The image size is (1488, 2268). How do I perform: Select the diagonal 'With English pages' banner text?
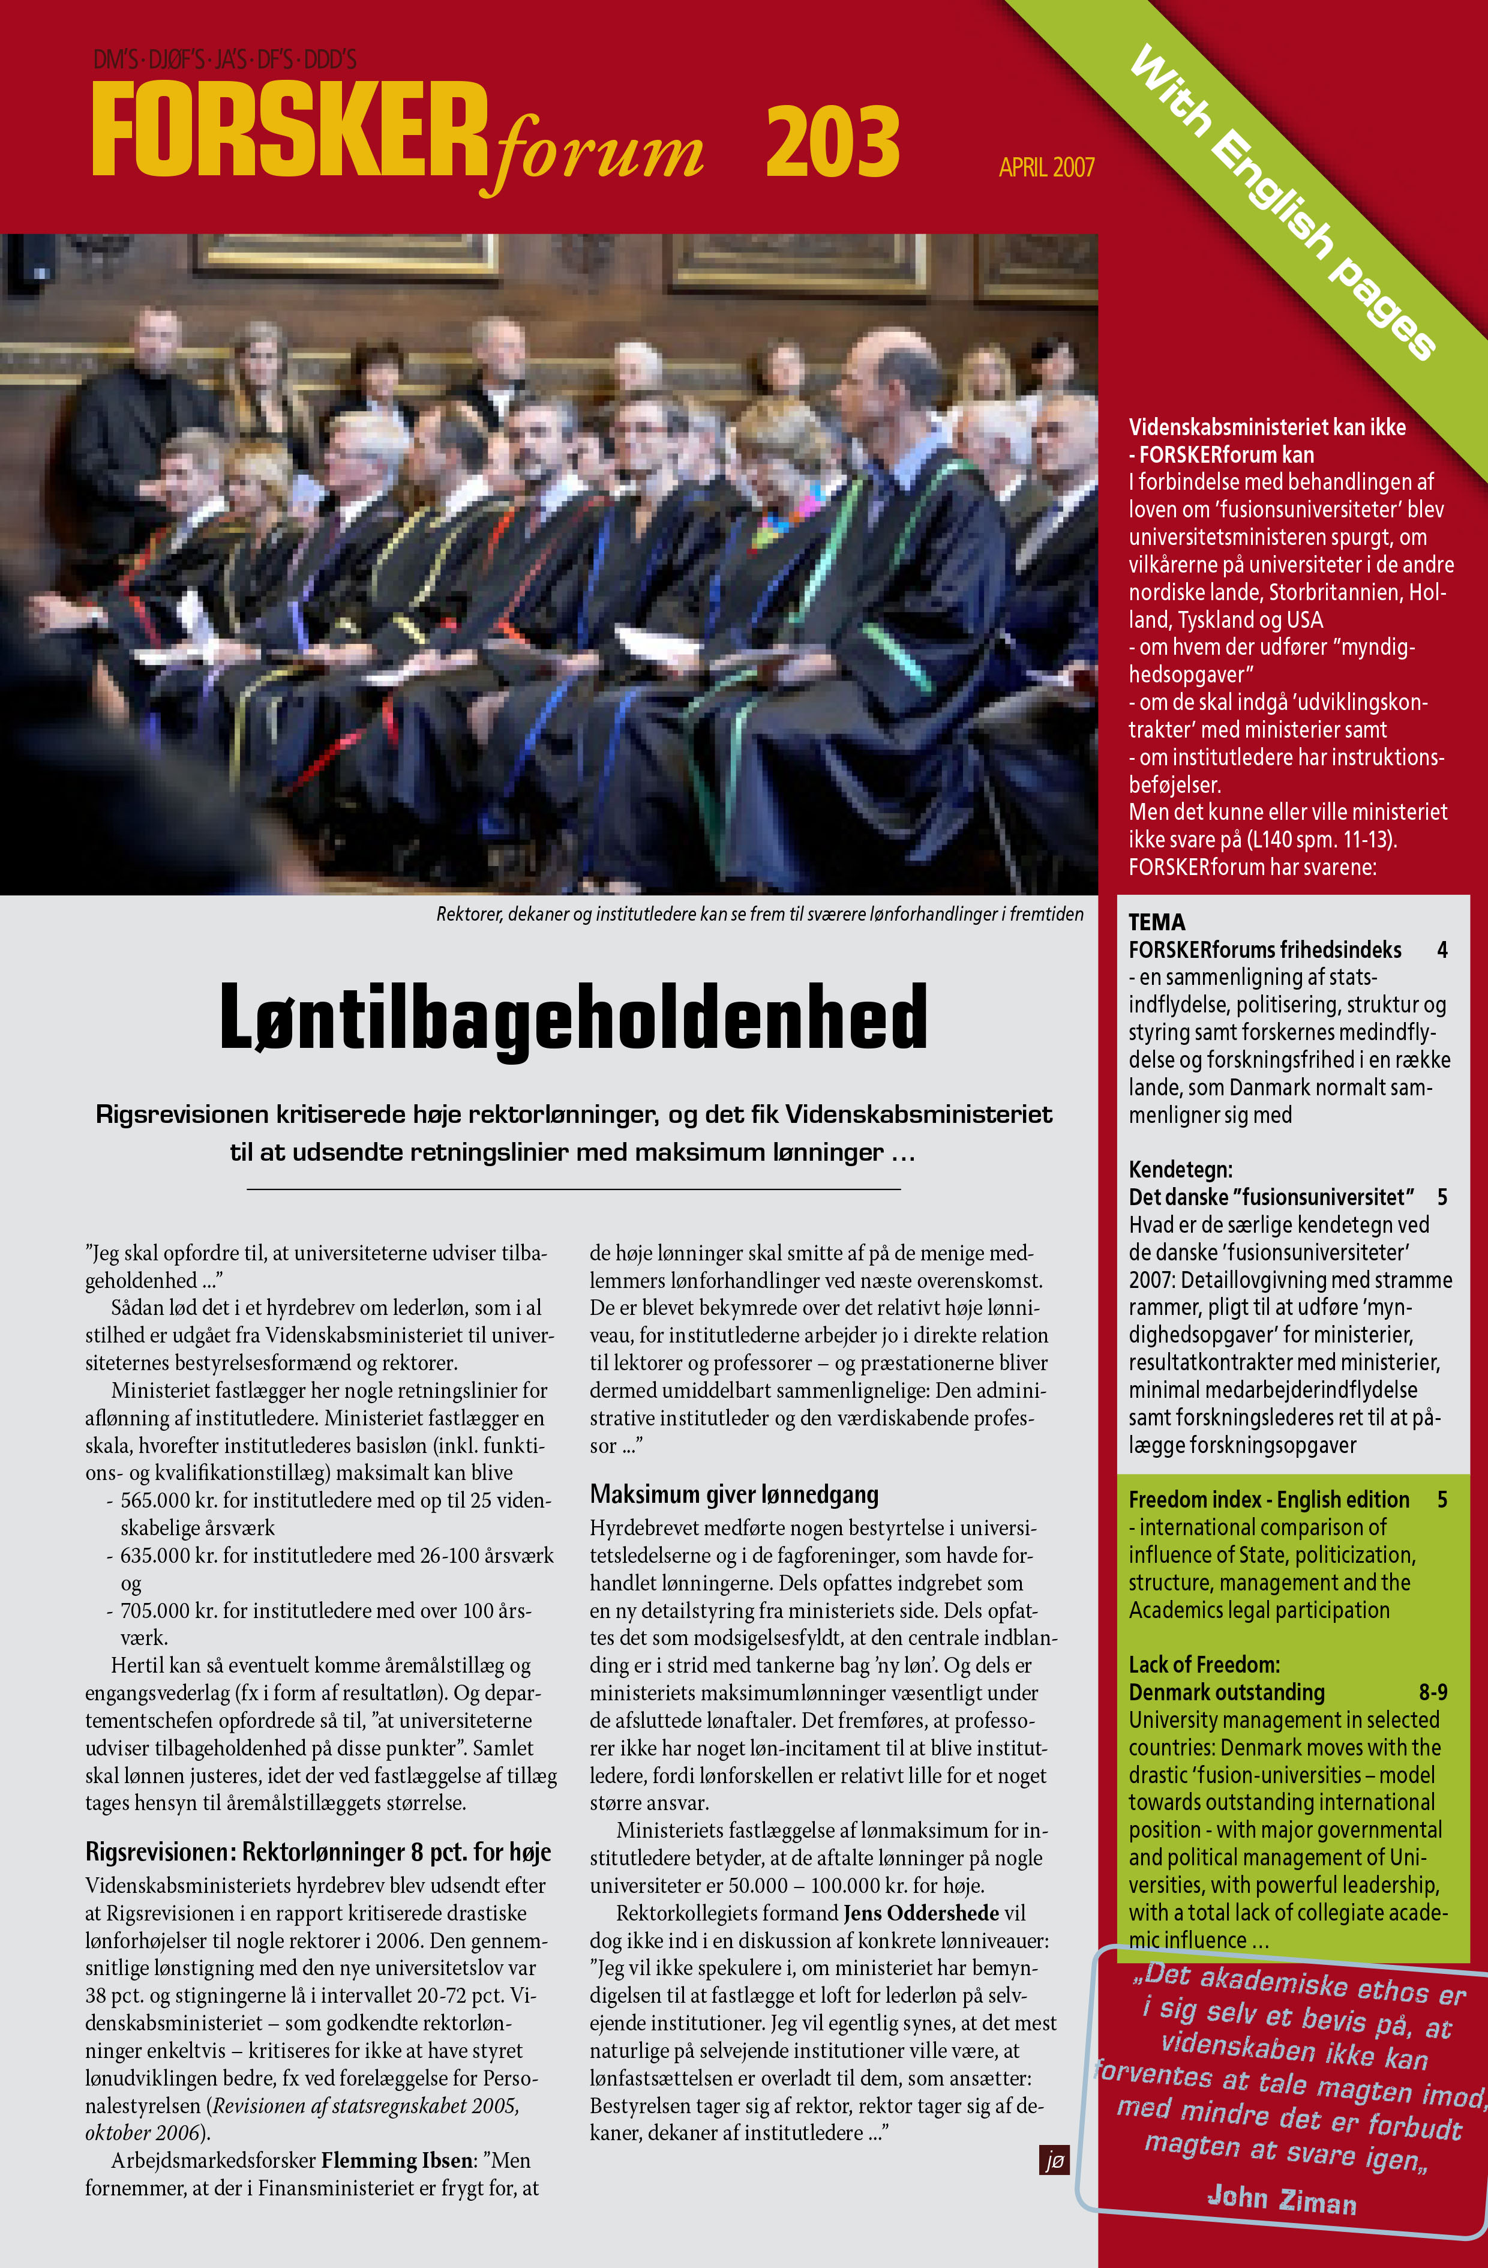[1281, 202]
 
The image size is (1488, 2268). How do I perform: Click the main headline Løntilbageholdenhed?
[572, 1016]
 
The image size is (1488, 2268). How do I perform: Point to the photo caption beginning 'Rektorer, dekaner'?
[759, 914]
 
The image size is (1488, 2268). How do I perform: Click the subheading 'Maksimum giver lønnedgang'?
[734, 1493]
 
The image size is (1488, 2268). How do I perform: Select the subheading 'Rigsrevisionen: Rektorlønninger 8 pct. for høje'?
[318, 1851]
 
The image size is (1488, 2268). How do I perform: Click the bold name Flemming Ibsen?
[396, 2159]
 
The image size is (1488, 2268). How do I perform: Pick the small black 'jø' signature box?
[1054, 2159]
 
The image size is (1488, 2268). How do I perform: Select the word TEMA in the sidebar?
[1156, 921]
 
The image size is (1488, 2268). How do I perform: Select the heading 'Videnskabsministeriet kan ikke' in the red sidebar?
[1267, 427]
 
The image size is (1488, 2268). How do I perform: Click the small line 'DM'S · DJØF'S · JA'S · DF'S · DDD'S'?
[225, 60]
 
